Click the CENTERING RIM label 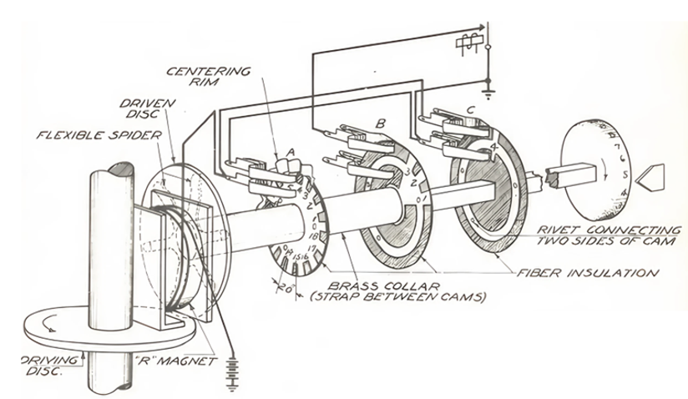tap(218, 77)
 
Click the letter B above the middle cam tap(380, 124)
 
